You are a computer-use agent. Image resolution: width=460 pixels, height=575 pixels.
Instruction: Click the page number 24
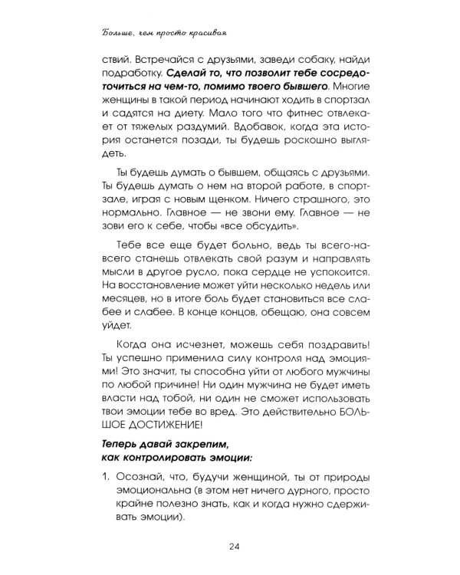point(234,546)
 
